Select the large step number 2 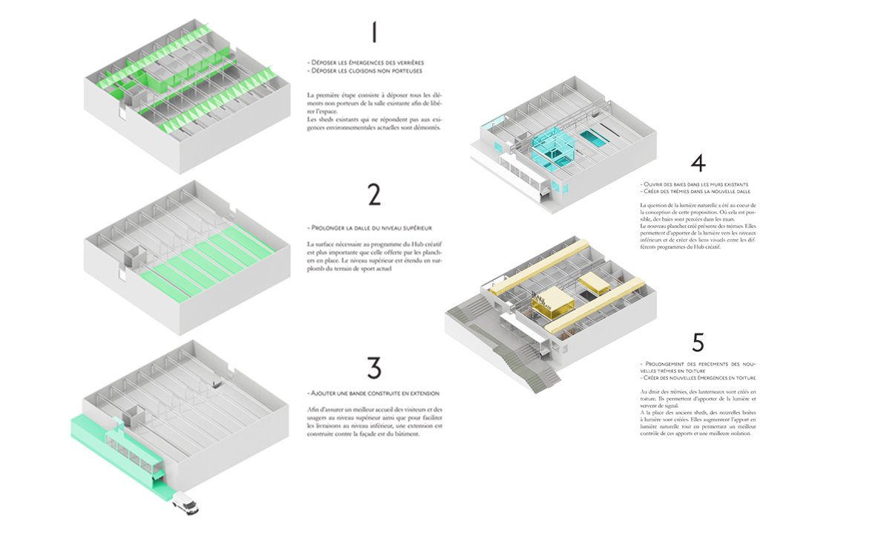(x=374, y=193)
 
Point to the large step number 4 (x=697, y=164)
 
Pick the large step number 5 (x=697, y=342)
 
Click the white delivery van (x=186, y=505)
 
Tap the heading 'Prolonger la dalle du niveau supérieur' (x=369, y=227)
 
